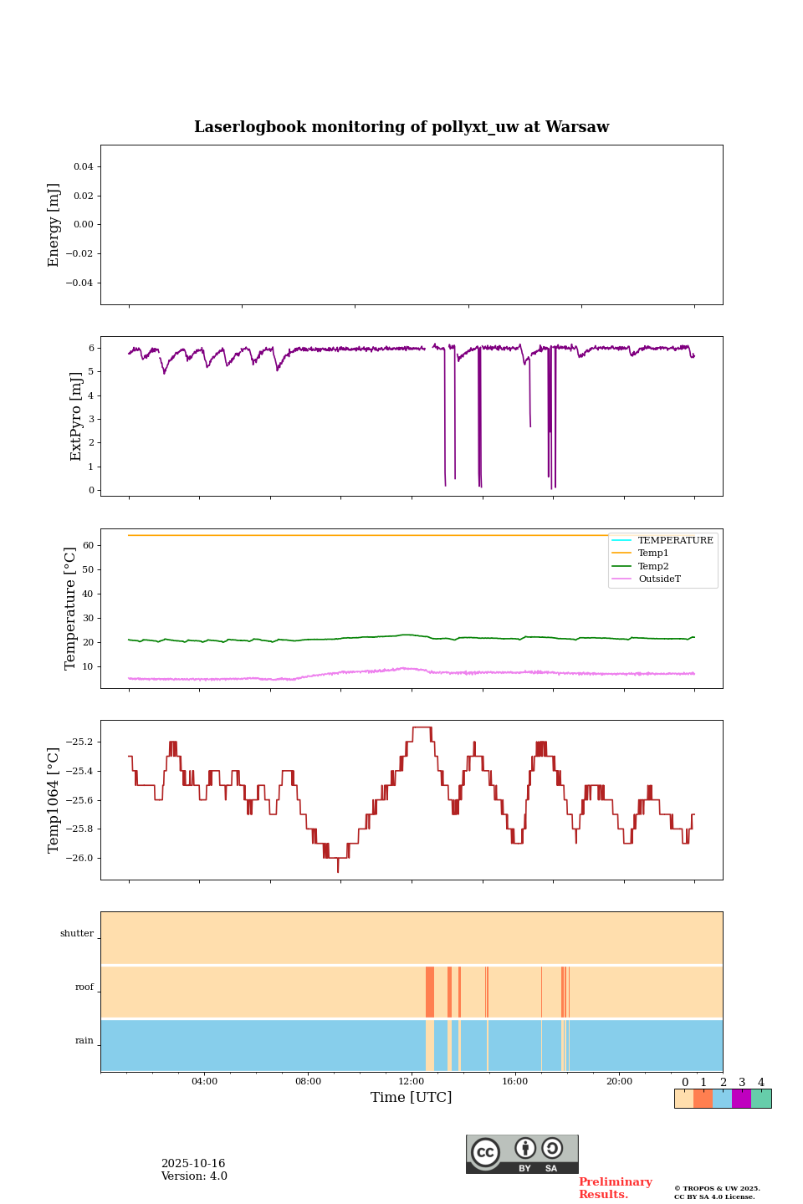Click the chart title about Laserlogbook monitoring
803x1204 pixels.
point(401,127)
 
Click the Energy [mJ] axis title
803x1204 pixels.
point(54,225)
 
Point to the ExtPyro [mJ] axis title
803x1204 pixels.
point(76,416)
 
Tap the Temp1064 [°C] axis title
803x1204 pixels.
point(54,800)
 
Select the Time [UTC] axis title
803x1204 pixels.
point(412,1097)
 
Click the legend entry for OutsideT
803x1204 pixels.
point(659,579)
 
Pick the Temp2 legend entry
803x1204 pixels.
point(653,566)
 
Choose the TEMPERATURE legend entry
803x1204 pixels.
point(675,540)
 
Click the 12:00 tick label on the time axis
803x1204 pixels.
point(412,1081)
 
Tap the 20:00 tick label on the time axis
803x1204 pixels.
point(619,1081)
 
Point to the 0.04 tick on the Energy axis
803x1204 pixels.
point(83,167)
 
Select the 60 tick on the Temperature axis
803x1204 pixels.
point(88,545)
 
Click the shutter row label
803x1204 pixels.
point(77,934)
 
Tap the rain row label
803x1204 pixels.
point(84,1041)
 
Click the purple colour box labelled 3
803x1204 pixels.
point(741,1099)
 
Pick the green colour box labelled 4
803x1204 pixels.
point(761,1099)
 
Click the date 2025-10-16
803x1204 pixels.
point(193,1164)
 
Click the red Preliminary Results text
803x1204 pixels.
point(615,1188)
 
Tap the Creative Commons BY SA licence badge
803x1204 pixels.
point(522,1154)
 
